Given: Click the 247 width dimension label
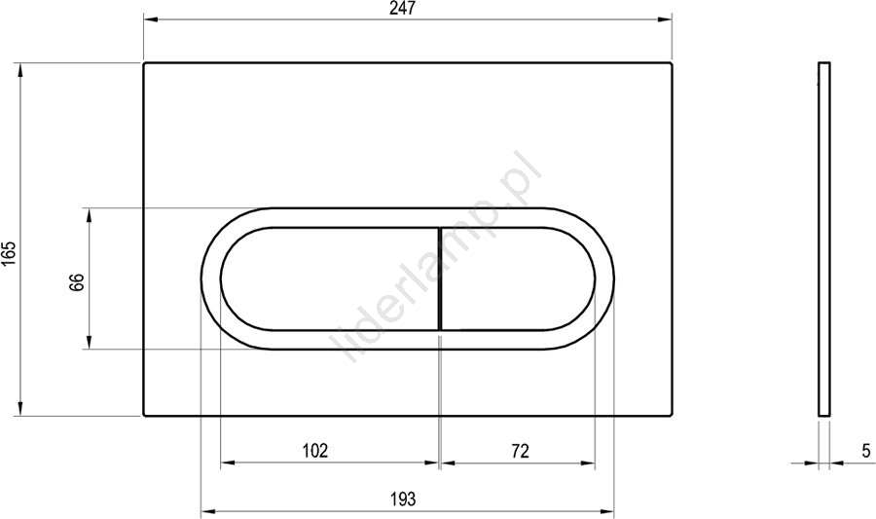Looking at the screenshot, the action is tap(403, 9).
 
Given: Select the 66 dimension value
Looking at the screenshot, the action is tap(77, 282).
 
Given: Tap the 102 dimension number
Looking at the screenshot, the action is tap(315, 450).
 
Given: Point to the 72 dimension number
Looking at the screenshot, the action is tap(520, 450).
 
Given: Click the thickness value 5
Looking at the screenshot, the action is tap(866, 450).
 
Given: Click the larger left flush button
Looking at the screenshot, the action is tap(330, 278).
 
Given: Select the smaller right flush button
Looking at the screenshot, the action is tap(518, 278).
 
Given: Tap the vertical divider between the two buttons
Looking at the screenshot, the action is tap(441, 278).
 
